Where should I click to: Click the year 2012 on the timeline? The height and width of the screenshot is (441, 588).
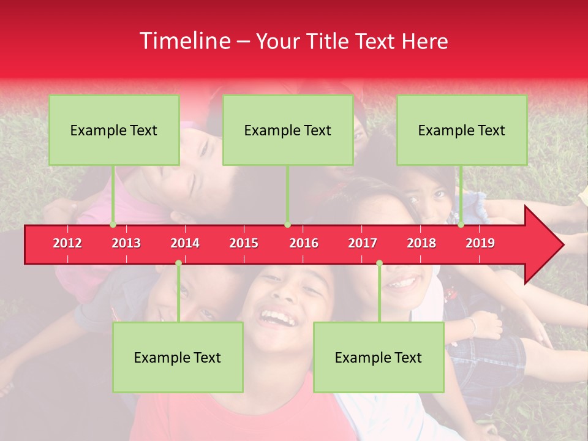[x=67, y=243]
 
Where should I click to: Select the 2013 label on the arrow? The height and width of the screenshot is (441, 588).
[x=126, y=243]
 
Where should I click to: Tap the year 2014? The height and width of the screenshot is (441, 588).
[x=185, y=243]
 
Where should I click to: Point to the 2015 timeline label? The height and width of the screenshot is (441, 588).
[x=244, y=243]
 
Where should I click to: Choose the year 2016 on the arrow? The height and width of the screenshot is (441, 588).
[x=304, y=243]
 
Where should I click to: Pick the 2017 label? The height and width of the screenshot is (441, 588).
[x=363, y=243]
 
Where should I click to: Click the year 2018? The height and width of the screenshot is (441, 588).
[x=421, y=243]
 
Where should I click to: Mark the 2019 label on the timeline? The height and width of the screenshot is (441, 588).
[x=480, y=243]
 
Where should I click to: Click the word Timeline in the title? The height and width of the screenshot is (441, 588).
[x=184, y=41]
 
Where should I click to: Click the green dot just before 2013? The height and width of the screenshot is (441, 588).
[x=113, y=224]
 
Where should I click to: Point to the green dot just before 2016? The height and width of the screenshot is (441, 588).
[x=287, y=224]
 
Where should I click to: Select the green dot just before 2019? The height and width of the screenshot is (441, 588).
[x=461, y=224]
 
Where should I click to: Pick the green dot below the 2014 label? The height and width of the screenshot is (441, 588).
[x=178, y=263]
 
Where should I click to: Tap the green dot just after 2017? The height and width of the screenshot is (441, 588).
[x=379, y=263]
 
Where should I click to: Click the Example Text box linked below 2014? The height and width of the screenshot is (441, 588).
[x=178, y=357]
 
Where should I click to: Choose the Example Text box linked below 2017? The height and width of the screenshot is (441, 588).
[x=379, y=357]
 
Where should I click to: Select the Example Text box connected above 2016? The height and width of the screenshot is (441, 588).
[x=288, y=130]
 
